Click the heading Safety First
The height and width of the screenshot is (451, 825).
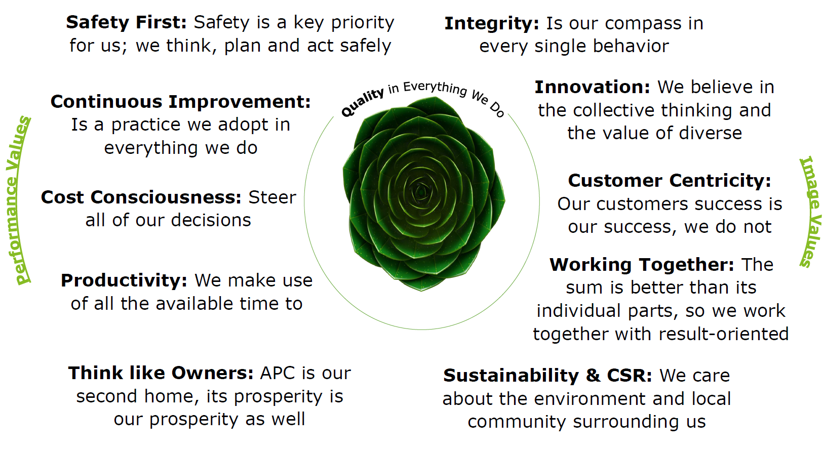[x=126, y=22]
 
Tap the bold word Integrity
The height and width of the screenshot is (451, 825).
[x=492, y=24]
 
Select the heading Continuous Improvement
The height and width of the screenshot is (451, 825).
[x=180, y=102]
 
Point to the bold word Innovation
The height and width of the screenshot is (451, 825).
[x=592, y=87]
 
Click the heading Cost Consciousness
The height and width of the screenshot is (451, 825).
[x=141, y=197]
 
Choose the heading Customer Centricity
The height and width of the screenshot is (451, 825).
[x=670, y=181]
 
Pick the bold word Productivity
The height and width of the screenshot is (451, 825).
[x=124, y=281]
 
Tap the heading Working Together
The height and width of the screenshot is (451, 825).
[x=642, y=265]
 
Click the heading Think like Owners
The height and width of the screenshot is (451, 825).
[x=161, y=373]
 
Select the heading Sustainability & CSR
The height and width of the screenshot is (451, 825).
[x=547, y=376]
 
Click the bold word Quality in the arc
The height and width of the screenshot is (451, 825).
[x=362, y=103]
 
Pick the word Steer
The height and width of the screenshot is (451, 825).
[x=272, y=197]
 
